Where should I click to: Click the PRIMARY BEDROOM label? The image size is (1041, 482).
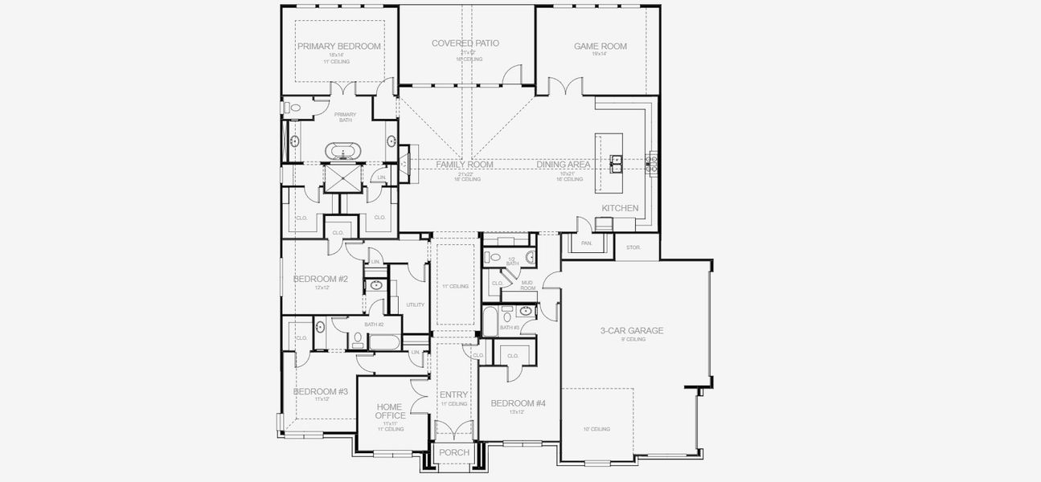(x=338, y=47)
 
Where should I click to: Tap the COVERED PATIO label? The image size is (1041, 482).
(x=464, y=43)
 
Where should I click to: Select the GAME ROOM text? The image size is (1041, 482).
(x=600, y=47)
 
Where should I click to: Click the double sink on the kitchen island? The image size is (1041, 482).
(x=616, y=164)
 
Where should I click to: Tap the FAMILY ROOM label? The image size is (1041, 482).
(x=464, y=165)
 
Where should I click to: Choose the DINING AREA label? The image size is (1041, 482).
(x=564, y=165)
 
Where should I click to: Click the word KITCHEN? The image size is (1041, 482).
(x=620, y=208)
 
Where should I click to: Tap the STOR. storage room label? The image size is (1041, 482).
(x=633, y=247)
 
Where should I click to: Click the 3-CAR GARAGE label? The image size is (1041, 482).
(x=632, y=330)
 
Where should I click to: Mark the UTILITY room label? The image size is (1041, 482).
(x=415, y=304)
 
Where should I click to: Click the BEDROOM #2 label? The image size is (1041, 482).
(x=320, y=279)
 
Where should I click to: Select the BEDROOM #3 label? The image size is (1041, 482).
(x=320, y=391)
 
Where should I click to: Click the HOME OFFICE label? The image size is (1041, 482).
(x=390, y=411)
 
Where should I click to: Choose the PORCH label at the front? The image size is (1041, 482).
(x=453, y=453)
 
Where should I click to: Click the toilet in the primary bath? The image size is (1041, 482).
(x=293, y=107)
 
